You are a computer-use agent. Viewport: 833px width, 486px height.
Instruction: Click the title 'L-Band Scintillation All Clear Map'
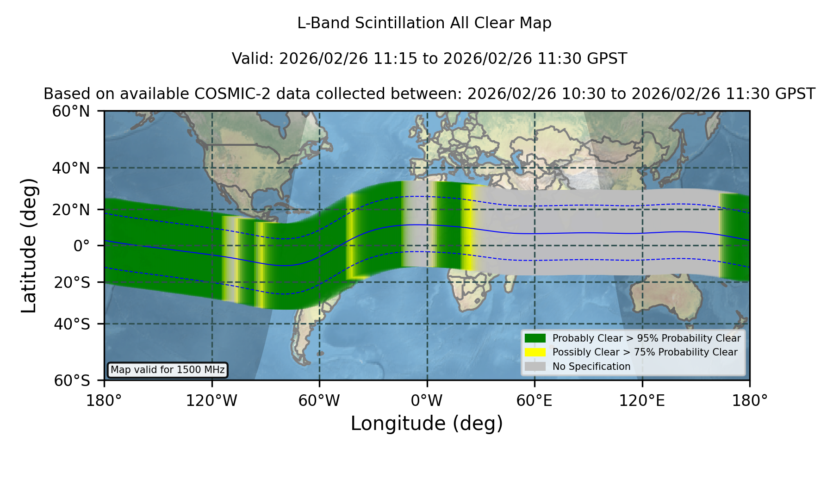424,23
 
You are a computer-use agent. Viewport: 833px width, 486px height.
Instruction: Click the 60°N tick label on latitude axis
71,112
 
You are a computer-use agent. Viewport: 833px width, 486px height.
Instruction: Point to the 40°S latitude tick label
72,324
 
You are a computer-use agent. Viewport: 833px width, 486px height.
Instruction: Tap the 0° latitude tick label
81,246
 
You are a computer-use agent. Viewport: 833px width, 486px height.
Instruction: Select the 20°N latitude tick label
71,210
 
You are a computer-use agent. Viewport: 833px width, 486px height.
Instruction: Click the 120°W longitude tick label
211,400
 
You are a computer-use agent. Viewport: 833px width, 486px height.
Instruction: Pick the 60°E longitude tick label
535,400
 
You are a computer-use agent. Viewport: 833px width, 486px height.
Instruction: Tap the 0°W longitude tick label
427,400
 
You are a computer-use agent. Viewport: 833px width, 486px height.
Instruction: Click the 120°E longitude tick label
642,400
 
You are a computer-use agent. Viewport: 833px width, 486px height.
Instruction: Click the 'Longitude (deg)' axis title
427,424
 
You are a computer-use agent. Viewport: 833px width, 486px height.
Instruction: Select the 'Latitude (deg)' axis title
29,245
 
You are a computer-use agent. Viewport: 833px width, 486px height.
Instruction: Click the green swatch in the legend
535,338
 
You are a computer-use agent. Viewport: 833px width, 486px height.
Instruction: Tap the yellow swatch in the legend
535,352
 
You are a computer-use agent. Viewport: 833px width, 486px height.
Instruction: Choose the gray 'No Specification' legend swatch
535,367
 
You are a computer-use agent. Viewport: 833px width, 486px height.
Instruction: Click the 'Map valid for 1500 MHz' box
168,370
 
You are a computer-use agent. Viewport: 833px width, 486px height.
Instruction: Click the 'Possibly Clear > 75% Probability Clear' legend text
645,352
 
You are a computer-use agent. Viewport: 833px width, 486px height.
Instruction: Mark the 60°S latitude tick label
72,381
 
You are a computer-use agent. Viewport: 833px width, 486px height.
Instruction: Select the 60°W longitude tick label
319,400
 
